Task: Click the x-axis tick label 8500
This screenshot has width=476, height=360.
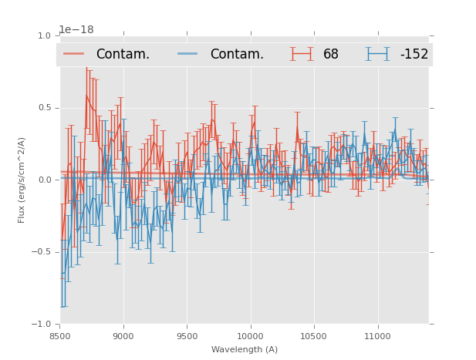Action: pyautogui.click(x=60, y=336)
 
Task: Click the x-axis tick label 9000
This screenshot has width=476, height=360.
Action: pyautogui.click(x=123, y=336)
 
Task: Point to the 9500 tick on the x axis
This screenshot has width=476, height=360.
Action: pyautogui.click(x=187, y=336)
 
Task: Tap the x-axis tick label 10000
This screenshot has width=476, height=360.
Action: pyautogui.click(x=250, y=336)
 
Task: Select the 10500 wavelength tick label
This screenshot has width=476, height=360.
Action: pyautogui.click(x=314, y=336)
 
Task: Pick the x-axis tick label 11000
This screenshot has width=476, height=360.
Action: pyautogui.click(x=377, y=336)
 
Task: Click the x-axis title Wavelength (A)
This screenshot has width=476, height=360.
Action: pyautogui.click(x=245, y=350)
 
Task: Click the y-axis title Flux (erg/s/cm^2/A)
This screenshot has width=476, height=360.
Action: pyautogui.click(x=22, y=180)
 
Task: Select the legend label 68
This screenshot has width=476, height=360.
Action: pyautogui.click(x=331, y=55)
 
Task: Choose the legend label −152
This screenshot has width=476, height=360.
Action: pyautogui.click(x=414, y=55)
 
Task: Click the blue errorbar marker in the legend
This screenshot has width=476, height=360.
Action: pyautogui.click(x=378, y=54)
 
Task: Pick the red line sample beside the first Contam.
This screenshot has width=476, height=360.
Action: pyautogui.click(x=74, y=54)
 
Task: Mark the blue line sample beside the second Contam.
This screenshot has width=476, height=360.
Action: pyautogui.click(x=188, y=54)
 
